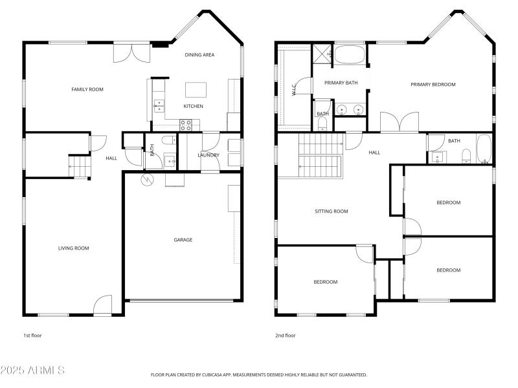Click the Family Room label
(87, 89)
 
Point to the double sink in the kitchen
(159, 105)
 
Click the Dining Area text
(199, 55)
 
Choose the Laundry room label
(208, 155)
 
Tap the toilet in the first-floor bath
(166, 140)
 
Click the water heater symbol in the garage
(147, 181)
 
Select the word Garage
(183, 240)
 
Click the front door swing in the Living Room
(103, 306)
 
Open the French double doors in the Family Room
(131, 53)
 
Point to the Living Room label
(73, 248)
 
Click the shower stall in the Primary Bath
(322, 54)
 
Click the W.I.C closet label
(294, 90)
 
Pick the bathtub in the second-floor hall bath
(484, 148)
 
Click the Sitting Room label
(332, 211)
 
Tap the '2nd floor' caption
(286, 336)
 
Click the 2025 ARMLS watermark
(32, 371)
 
